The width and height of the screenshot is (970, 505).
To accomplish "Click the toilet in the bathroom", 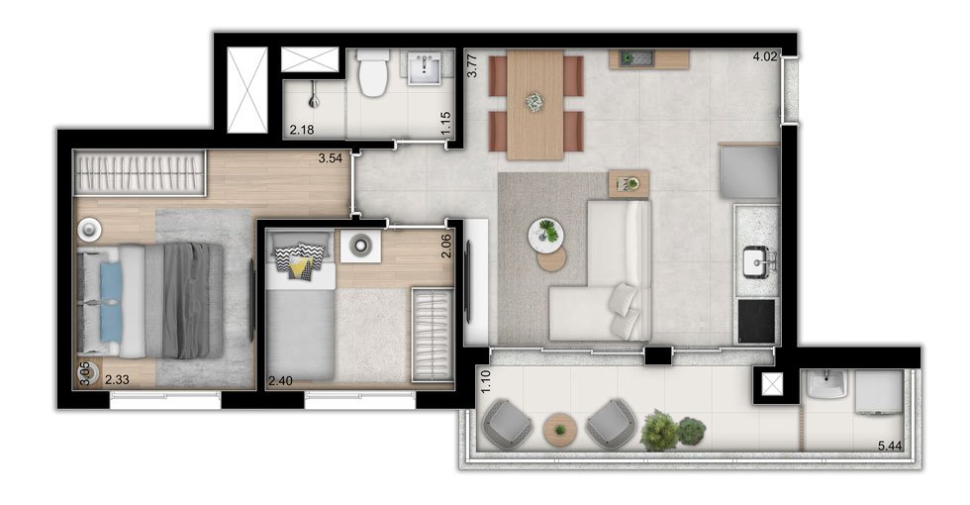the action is coord(374,73).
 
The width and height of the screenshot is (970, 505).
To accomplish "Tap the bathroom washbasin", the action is coord(425,67).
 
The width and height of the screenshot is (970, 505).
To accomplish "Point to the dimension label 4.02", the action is coord(764,57).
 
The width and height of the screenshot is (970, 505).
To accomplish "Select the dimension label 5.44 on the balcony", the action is coord(890,446).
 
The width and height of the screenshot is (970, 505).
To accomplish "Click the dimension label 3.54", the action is coord(331,157).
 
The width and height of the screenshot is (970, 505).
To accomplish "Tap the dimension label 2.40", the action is coord(280,381).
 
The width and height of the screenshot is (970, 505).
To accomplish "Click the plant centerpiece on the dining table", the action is coord(533,102).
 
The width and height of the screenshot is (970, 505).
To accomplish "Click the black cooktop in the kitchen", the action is coord(756,321).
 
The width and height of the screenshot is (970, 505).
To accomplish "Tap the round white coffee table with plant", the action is coord(545,235).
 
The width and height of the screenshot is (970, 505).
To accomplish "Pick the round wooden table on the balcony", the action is coord(560,429).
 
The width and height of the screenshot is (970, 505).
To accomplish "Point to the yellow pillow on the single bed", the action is coord(300,268).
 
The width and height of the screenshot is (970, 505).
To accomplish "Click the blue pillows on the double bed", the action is coord(111,302).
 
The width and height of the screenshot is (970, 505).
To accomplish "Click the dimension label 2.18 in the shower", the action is coord(302,130).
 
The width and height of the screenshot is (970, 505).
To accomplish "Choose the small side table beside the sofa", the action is coord(629,184).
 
